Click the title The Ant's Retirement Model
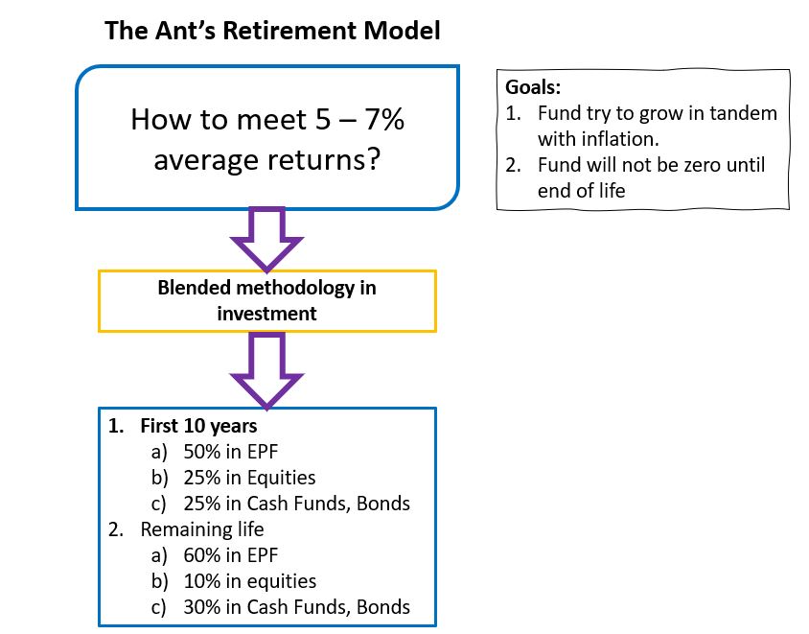point(272,31)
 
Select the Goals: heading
point(534,87)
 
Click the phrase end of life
point(581,191)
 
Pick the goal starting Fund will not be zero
point(651,165)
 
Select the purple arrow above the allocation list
point(267,369)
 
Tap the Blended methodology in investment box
point(267,301)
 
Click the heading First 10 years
point(198,425)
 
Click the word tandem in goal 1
point(744,113)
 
